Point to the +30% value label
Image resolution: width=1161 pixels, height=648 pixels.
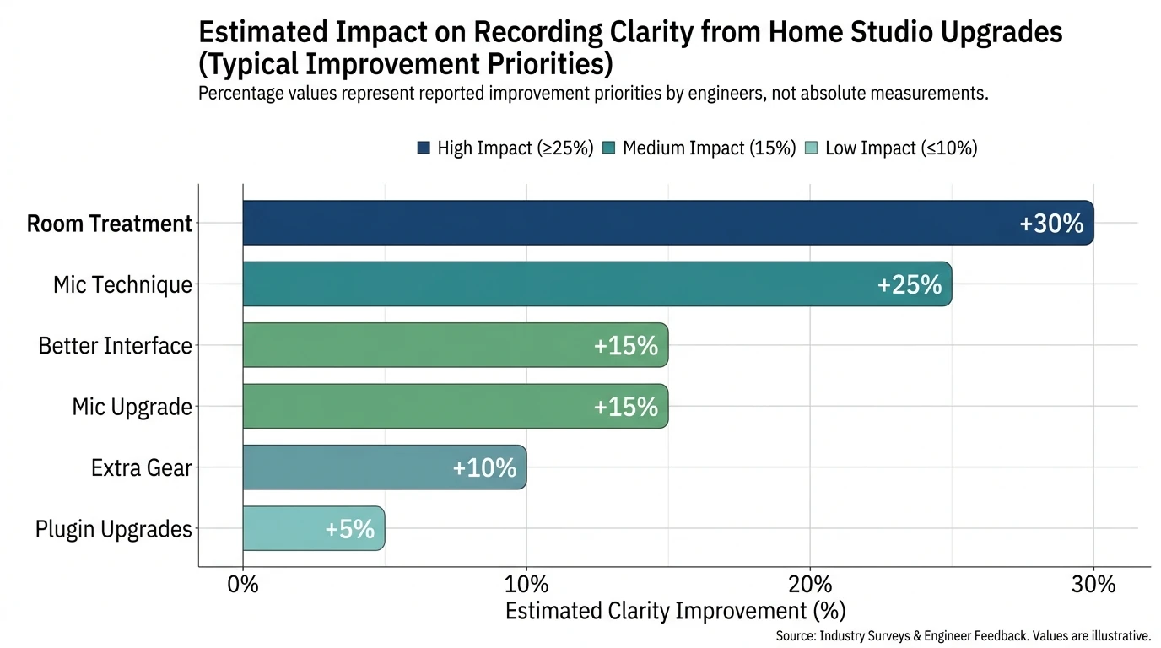click(x=1050, y=224)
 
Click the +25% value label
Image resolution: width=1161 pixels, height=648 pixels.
click(x=909, y=285)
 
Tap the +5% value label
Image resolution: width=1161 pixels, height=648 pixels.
click(x=349, y=529)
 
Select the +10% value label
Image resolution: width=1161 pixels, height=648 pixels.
click(x=484, y=468)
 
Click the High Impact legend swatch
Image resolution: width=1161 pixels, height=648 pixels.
click(x=424, y=148)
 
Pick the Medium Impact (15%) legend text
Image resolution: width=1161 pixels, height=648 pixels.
click(x=709, y=148)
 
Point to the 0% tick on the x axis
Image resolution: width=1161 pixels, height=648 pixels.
click(x=243, y=585)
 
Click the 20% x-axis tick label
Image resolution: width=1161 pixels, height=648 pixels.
click(x=810, y=585)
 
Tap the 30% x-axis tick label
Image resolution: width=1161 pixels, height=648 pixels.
click(x=1093, y=585)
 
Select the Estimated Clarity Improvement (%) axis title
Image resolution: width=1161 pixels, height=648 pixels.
click(x=675, y=611)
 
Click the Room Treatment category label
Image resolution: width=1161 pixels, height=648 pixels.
click(x=110, y=224)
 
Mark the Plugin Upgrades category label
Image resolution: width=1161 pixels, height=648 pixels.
click(x=114, y=529)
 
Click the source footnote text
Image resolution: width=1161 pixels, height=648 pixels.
click(x=963, y=636)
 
